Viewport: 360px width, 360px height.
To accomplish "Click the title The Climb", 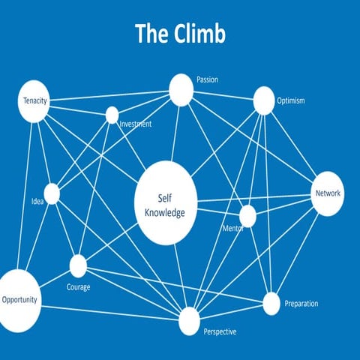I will tap(180, 34).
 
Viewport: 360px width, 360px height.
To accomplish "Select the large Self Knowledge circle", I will tap(166, 203).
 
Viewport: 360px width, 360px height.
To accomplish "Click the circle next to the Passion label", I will tap(181, 90).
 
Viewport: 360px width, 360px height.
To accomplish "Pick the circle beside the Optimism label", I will tap(264, 100).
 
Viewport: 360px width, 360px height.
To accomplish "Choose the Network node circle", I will tap(328, 193).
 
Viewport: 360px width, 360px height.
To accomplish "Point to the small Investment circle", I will tap(112, 115).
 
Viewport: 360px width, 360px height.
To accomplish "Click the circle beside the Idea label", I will tap(52, 193).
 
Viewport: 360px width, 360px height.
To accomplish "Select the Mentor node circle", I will tap(247, 216).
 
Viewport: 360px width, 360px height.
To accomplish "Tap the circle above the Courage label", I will tap(78, 265).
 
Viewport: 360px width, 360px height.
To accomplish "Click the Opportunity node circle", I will tap(18, 299).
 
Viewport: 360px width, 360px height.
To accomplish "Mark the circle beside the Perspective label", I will tap(189, 321).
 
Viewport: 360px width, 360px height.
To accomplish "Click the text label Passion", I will tap(207, 79).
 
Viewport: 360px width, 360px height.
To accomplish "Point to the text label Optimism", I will tap(290, 100).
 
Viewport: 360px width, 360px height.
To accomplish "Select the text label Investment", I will tap(135, 124).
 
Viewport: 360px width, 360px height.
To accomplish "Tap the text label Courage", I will tap(79, 287).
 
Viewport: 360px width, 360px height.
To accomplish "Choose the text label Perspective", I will tap(220, 331).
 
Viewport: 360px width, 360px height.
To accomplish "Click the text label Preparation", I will tap(301, 304).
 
